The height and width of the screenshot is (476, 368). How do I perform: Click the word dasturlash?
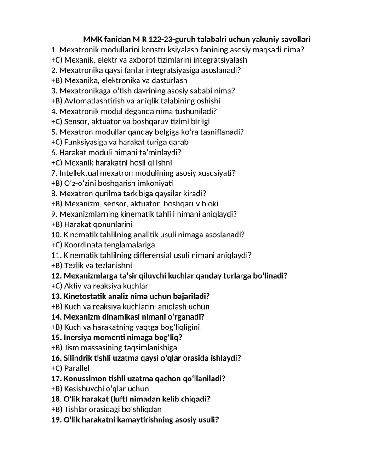169,80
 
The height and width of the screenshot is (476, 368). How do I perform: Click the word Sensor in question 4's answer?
76,122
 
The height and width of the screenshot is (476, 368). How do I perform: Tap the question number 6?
54,152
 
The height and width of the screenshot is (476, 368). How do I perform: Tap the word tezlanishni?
114,266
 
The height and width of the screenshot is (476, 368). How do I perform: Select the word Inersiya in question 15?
79,338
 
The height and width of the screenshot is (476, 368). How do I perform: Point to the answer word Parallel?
77,368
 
